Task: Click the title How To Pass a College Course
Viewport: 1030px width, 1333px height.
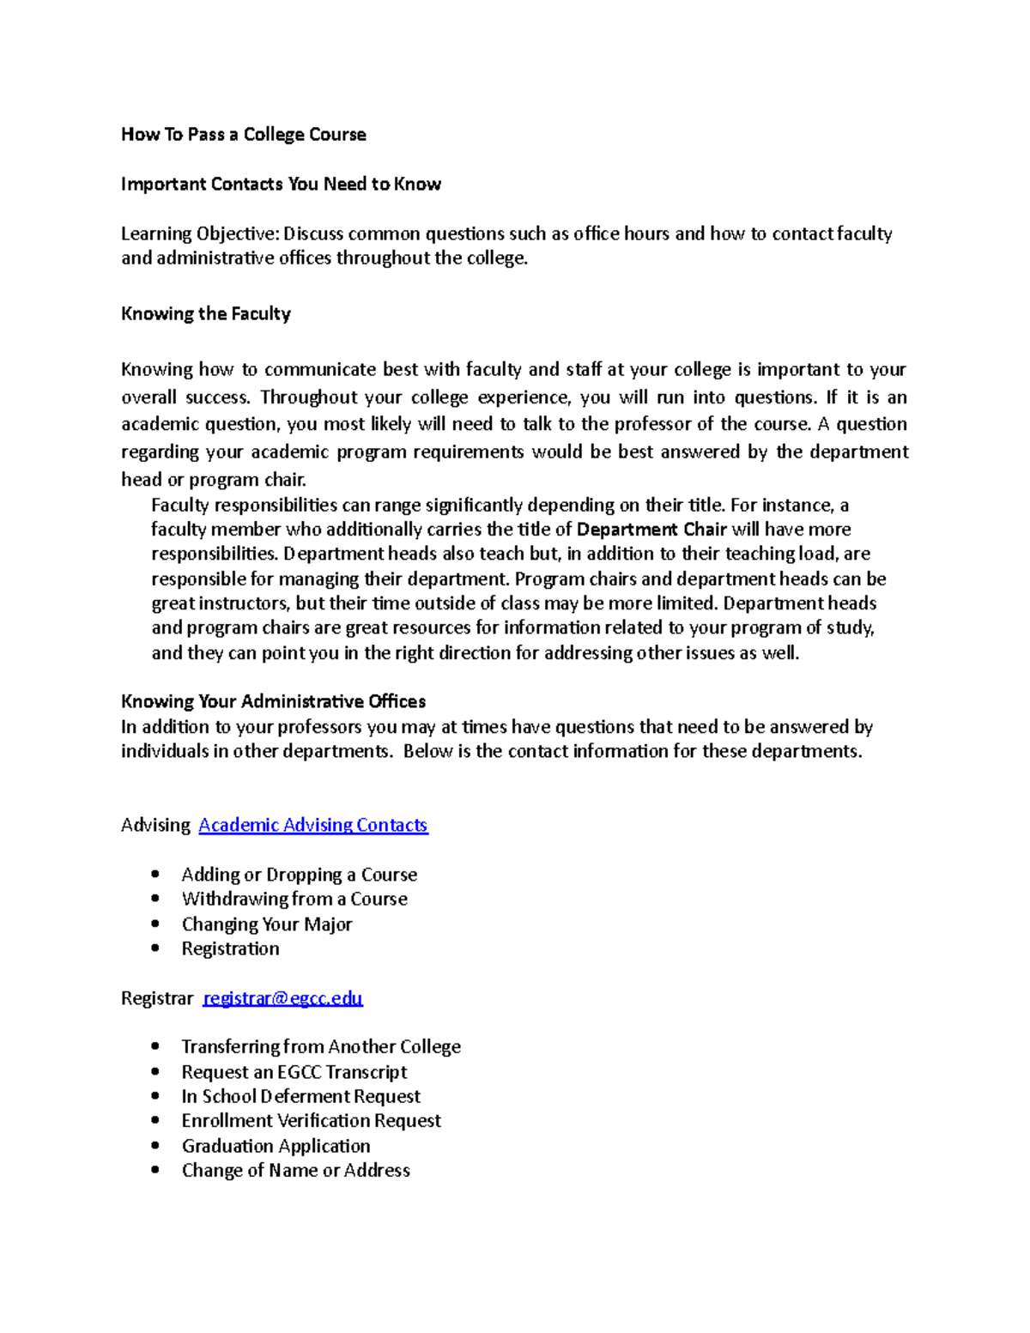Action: (244, 135)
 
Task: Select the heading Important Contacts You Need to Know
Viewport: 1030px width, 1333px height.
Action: (281, 185)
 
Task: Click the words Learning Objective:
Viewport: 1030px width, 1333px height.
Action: (200, 234)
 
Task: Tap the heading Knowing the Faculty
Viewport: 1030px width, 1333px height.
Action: (206, 314)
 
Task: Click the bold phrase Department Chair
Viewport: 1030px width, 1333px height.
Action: (651, 530)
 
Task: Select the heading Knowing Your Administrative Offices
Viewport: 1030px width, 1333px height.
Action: (273, 702)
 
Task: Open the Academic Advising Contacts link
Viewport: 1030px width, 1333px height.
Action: (313, 826)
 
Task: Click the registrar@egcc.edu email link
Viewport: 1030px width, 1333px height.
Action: (282, 998)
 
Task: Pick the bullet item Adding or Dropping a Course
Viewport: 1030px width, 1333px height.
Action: (299, 875)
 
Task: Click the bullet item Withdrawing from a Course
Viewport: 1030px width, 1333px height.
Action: (294, 900)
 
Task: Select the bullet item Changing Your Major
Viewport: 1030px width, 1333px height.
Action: (267, 924)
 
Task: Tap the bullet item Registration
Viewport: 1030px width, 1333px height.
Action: (230, 949)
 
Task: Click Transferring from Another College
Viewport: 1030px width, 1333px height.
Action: (321, 1047)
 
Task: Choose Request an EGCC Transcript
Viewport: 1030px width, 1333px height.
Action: (294, 1072)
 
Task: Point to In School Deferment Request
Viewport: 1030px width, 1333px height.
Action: (300, 1097)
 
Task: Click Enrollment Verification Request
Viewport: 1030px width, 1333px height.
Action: (311, 1121)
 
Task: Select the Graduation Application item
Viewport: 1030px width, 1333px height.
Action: (276, 1147)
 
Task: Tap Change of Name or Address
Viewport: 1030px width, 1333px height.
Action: (295, 1171)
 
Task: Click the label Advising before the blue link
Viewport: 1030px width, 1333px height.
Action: (155, 826)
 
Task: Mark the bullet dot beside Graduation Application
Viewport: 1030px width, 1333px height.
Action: (155, 1146)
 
